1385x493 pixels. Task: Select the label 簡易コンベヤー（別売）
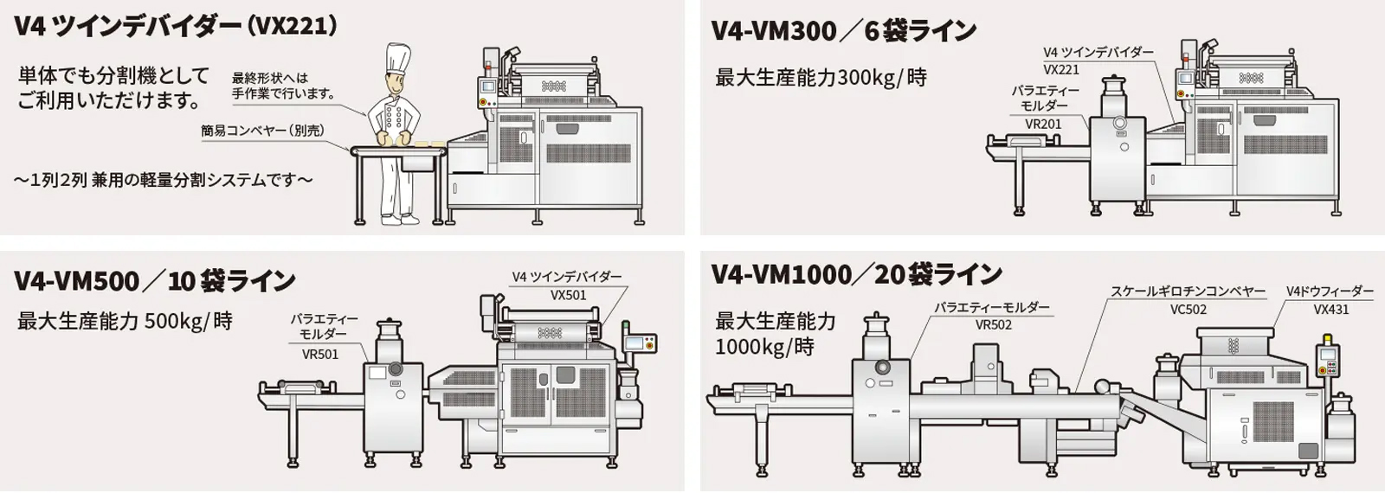point(263,131)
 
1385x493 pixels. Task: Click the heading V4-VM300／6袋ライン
point(843,31)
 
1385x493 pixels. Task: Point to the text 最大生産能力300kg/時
point(821,78)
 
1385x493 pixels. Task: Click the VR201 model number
point(1043,124)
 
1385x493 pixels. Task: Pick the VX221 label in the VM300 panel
point(1061,70)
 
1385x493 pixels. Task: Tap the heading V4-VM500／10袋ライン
point(155,281)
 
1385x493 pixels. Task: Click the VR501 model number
point(320,354)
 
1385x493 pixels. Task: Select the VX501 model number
point(568,295)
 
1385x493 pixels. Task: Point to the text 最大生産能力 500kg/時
point(125,322)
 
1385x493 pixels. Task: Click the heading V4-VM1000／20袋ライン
point(856,275)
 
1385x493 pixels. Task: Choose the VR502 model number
point(993,325)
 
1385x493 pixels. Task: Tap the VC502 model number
point(1188,310)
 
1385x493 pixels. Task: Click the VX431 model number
point(1330,310)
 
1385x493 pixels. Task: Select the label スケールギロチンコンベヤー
point(1188,292)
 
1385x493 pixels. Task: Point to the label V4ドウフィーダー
point(1330,292)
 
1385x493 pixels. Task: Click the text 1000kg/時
point(764,348)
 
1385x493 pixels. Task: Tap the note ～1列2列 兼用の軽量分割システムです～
point(163,181)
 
